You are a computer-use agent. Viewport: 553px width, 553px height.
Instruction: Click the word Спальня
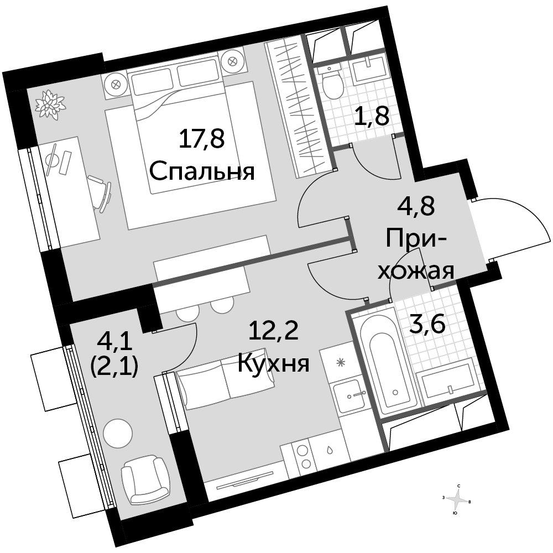click(202, 172)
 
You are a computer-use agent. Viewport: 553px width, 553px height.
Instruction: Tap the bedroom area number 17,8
click(202, 139)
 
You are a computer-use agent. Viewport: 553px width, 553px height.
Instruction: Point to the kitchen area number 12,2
click(274, 331)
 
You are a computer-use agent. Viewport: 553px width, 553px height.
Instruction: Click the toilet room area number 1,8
click(372, 116)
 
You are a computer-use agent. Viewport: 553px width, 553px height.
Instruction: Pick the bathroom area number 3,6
click(426, 324)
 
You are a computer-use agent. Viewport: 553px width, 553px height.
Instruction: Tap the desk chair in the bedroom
click(101, 194)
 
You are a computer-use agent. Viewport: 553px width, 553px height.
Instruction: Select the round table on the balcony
click(118, 433)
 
